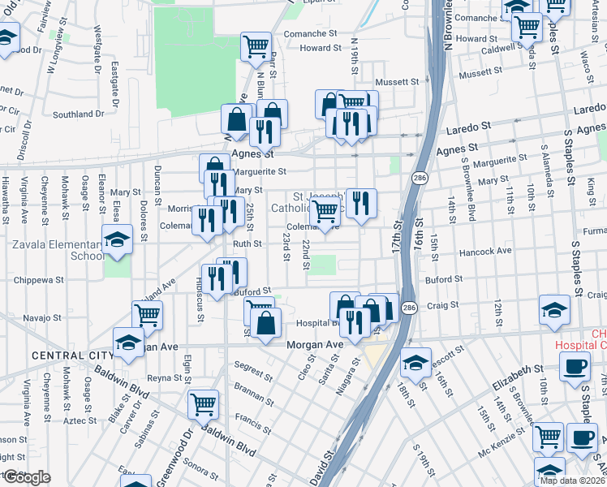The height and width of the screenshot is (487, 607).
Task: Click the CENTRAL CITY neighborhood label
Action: [62, 356]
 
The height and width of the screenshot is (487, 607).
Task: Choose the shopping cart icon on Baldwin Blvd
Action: [203, 403]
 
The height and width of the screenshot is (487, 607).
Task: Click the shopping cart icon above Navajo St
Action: [147, 313]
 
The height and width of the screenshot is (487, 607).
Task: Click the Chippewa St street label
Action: [38, 279]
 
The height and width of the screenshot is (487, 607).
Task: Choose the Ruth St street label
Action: [248, 243]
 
